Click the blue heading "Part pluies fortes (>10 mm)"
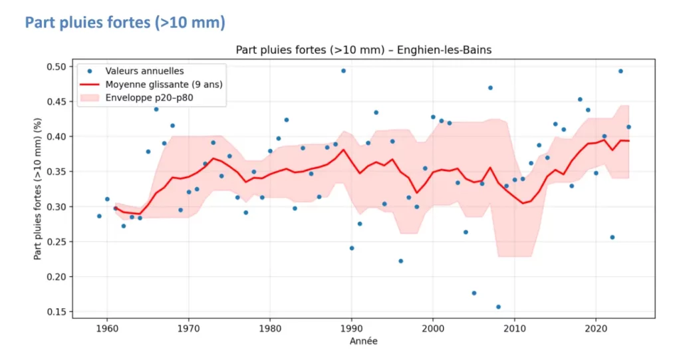point(125,23)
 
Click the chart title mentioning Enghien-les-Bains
point(364,51)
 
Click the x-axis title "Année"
point(364,341)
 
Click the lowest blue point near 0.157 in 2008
point(498,307)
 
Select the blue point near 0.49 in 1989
point(343,71)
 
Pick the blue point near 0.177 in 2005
point(474,293)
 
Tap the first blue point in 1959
point(99,216)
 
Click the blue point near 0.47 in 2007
point(490,88)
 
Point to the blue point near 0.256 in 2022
point(613,238)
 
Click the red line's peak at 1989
point(343,149)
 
